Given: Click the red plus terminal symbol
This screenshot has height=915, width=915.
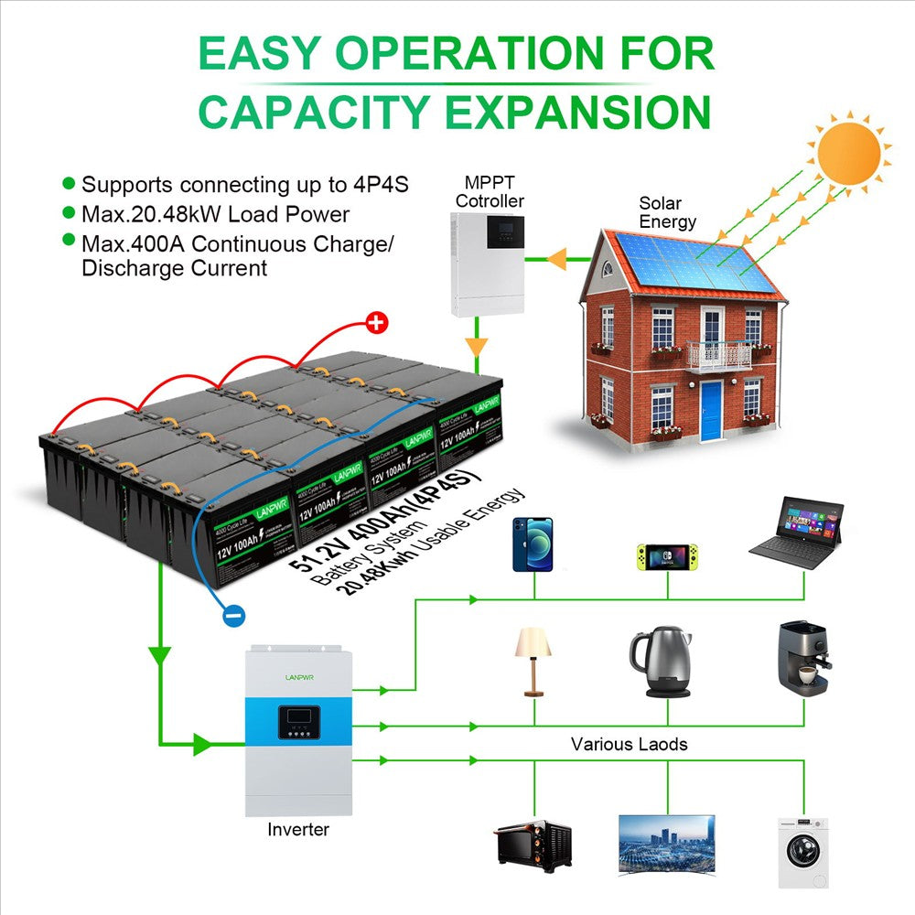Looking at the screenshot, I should [x=377, y=322].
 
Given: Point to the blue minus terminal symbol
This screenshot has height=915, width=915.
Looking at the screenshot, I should [x=232, y=616].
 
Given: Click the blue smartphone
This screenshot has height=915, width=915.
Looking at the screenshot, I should [x=532, y=544].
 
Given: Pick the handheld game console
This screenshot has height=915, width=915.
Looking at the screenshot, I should [x=666, y=554].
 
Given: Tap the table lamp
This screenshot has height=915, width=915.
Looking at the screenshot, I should [x=533, y=661].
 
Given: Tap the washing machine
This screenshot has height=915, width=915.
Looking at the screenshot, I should [x=802, y=852].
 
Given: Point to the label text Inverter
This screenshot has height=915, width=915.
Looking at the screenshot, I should [x=298, y=830].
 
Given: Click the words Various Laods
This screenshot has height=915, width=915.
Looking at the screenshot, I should [x=629, y=744].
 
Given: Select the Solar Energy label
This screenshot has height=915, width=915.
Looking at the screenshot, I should [x=668, y=212].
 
